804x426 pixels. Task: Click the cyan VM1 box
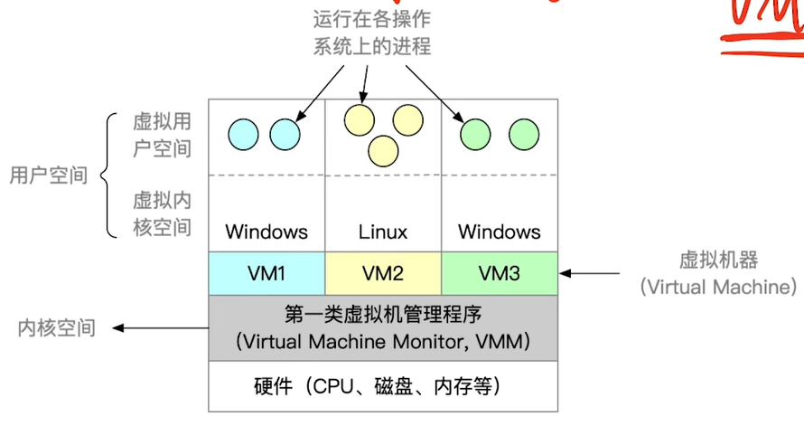pyautogui.click(x=266, y=272)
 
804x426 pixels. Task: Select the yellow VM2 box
pyautogui.click(x=383, y=272)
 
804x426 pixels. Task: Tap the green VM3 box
pyautogui.click(x=500, y=272)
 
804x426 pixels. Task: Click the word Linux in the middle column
pyautogui.click(x=383, y=232)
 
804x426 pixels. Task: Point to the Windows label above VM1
pyautogui.click(x=266, y=232)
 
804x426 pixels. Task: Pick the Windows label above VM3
pyautogui.click(x=500, y=232)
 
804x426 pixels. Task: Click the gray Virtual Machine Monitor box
pyautogui.click(x=383, y=327)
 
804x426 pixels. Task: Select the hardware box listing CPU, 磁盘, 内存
pyautogui.click(x=383, y=387)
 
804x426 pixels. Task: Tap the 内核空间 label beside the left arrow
pyautogui.click(x=56, y=328)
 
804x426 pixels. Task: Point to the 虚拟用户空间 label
pyautogui.click(x=163, y=135)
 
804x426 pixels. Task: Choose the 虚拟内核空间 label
pyautogui.click(x=163, y=213)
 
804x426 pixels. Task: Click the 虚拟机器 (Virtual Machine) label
pyautogui.click(x=718, y=273)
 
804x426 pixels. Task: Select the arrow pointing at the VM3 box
pyautogui.click(x=592, y=272)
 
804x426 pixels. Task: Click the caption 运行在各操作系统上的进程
pyautogui.click(x=372, y=33)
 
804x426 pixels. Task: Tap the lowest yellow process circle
pyautogui.click(x=384, y=150)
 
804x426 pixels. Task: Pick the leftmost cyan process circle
pyautogui.click(x=242, y=134)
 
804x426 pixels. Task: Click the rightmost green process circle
pyautogui.click(x=524, y=135)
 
